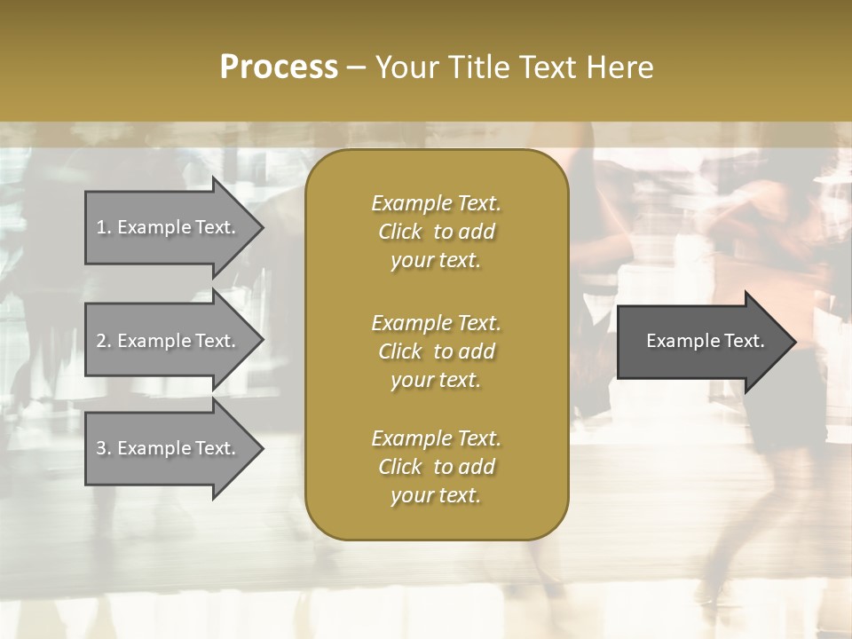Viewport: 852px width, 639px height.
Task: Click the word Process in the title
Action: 279,67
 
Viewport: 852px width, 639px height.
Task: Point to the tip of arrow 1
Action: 262,228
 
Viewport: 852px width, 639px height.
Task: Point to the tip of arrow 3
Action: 262,449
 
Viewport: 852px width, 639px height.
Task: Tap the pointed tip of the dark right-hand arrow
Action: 794,342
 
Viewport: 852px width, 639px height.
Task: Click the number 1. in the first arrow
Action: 103,227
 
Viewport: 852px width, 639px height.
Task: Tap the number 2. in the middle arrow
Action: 103,341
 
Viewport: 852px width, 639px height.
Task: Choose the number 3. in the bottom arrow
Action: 103,448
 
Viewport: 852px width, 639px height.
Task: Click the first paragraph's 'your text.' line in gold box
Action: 436,261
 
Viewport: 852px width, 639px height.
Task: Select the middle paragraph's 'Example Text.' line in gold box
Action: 436,322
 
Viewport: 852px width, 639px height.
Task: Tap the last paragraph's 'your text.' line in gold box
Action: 436,496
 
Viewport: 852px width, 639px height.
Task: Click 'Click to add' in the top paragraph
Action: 436,233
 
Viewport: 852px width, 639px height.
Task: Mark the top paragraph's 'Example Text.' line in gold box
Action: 436,203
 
